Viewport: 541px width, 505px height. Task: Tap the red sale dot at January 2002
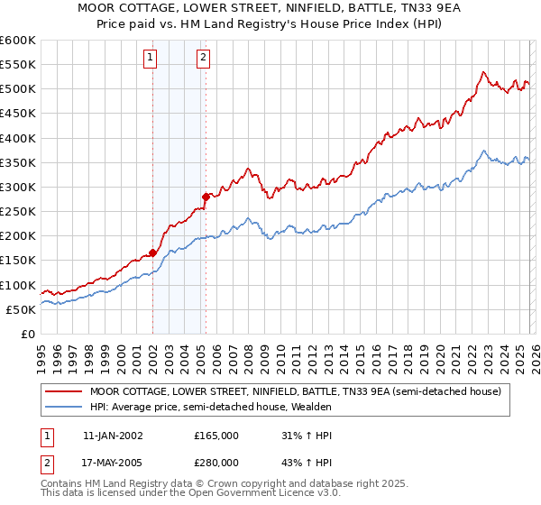(x=152, y=252)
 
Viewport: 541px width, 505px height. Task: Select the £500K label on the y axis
(x=18, y=89)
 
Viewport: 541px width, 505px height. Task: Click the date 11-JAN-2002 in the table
(x=113, y=435)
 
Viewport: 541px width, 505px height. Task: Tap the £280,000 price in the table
(x=215, y=463)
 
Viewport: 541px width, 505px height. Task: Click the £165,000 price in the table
(x=215, y=435)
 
